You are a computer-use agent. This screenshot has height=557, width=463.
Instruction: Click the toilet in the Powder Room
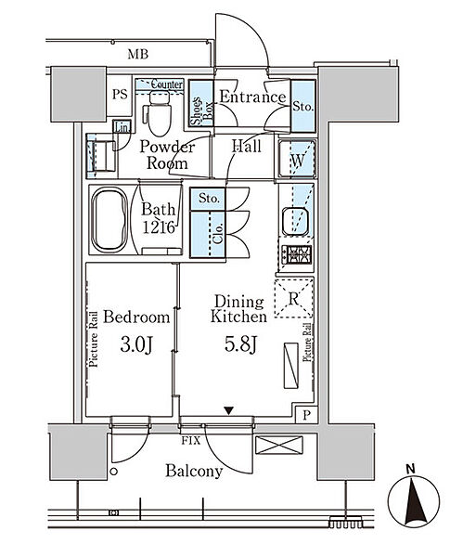pyautogui.click(x=158, y=112)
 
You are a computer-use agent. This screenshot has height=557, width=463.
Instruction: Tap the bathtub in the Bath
pyautogui.click(x=109, y=219)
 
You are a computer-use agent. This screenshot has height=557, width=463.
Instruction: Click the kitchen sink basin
pyautogui.click(x=295, y=221)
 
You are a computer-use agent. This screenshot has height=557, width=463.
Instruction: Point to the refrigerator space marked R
pyautogui.click(x=293, y=298)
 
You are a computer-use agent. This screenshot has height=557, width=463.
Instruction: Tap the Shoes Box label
pyautogui.click(x=201, y=110)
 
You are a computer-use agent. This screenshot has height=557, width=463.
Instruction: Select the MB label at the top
pyautogui.click(x=137, y=55)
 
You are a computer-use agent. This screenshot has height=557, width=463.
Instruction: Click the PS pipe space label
pyautogui.click(x=120, y=94)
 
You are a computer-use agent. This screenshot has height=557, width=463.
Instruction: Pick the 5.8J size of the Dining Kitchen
pyautogui.click(x=240, y=344)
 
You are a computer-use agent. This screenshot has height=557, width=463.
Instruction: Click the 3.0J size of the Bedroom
pyautogui.click(x=136, y=344)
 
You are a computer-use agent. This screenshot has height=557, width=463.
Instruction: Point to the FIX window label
pyautogui.click(x=191, y=441)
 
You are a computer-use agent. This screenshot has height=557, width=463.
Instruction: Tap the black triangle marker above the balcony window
pyautogui.click(x=229, y=411)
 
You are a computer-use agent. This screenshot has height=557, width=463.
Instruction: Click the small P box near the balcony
pyautogui.click(x=307, y=414)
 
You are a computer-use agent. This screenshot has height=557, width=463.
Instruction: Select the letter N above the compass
pyautogui.click(x=411, y=469)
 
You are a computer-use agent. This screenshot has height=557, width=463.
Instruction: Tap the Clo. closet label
pyautogui.click(x=218, y=233)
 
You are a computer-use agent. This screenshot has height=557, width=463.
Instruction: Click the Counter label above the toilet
pyautogui.click(x=166, y=84)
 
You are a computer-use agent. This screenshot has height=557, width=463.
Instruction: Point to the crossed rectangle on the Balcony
pyautogui.click(x=279, y=445)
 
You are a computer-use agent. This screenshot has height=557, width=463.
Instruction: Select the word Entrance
pyautogui.click(x=252, y=97)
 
